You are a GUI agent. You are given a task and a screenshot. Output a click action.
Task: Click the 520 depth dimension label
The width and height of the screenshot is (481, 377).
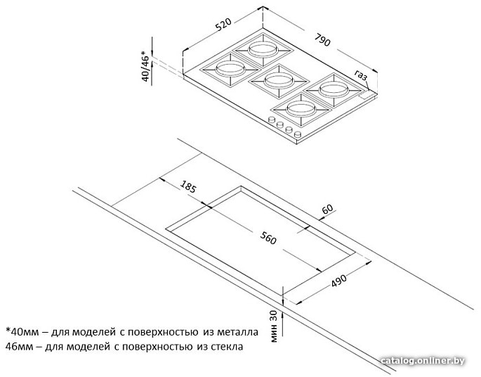223,25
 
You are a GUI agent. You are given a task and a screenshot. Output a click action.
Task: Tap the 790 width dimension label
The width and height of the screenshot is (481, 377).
322,39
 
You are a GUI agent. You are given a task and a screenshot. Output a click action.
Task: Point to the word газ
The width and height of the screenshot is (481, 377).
361,75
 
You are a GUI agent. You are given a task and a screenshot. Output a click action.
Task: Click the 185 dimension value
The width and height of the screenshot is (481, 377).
187,186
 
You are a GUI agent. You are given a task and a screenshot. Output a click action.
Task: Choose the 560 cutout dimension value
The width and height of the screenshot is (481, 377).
268,238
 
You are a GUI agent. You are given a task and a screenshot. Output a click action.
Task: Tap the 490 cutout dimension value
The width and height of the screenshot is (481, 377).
338,280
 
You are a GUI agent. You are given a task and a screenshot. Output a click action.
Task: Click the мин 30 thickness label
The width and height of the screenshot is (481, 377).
274,326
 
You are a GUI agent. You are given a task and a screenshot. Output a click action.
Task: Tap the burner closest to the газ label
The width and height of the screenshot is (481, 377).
334,90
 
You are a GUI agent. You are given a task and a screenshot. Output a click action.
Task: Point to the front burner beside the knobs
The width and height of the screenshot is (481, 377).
301,109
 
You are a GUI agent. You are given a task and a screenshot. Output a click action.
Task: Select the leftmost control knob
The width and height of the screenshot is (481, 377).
272,120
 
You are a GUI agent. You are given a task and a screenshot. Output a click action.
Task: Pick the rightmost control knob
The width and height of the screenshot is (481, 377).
297,134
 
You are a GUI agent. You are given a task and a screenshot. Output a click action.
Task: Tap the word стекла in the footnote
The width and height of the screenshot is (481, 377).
228,347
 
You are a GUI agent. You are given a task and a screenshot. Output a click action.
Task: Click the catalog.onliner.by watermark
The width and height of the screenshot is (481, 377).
423,361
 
